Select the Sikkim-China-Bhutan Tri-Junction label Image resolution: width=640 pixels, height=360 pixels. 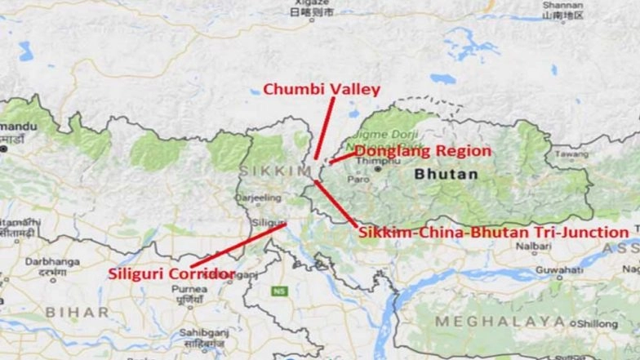pos(494,233)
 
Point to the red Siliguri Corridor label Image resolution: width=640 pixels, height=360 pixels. pos(171,273)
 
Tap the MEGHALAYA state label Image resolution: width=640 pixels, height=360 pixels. pos(500,322)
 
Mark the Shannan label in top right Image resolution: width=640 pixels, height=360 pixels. pos(563,5)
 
